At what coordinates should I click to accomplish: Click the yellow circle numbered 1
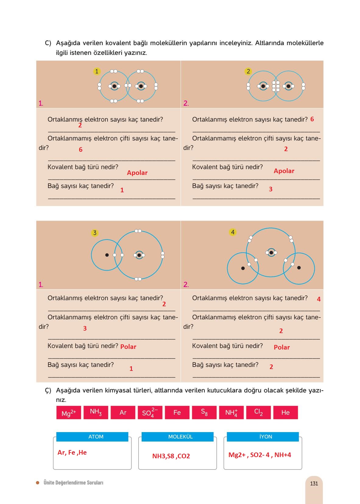point(97,71)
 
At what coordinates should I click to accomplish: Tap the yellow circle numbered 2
point(248,71)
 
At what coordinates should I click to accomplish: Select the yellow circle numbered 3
point(95,232)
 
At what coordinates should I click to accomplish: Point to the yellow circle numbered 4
point(232,232)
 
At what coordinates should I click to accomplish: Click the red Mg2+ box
point(69,412)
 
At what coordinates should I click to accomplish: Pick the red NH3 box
point(96,412)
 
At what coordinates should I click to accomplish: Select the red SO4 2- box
point(150,412)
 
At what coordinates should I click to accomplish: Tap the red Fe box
point(177,412)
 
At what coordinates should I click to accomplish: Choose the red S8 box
point(204,412)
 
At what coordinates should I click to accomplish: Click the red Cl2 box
point(258,412)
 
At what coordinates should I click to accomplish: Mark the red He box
point(286,412)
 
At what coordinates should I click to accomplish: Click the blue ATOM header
point(92,437)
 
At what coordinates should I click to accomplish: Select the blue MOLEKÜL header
point(178,437)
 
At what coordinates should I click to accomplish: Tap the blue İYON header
point(263,437)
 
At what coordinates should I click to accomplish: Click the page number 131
point(314,484)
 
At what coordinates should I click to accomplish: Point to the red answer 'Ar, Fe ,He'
point(72,453)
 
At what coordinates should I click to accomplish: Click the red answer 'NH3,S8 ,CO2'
point(171,456)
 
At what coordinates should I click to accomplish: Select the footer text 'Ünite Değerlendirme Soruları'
point(73,483)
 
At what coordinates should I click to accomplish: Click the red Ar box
point(123,412)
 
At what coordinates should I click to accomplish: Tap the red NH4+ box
point(231,412)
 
